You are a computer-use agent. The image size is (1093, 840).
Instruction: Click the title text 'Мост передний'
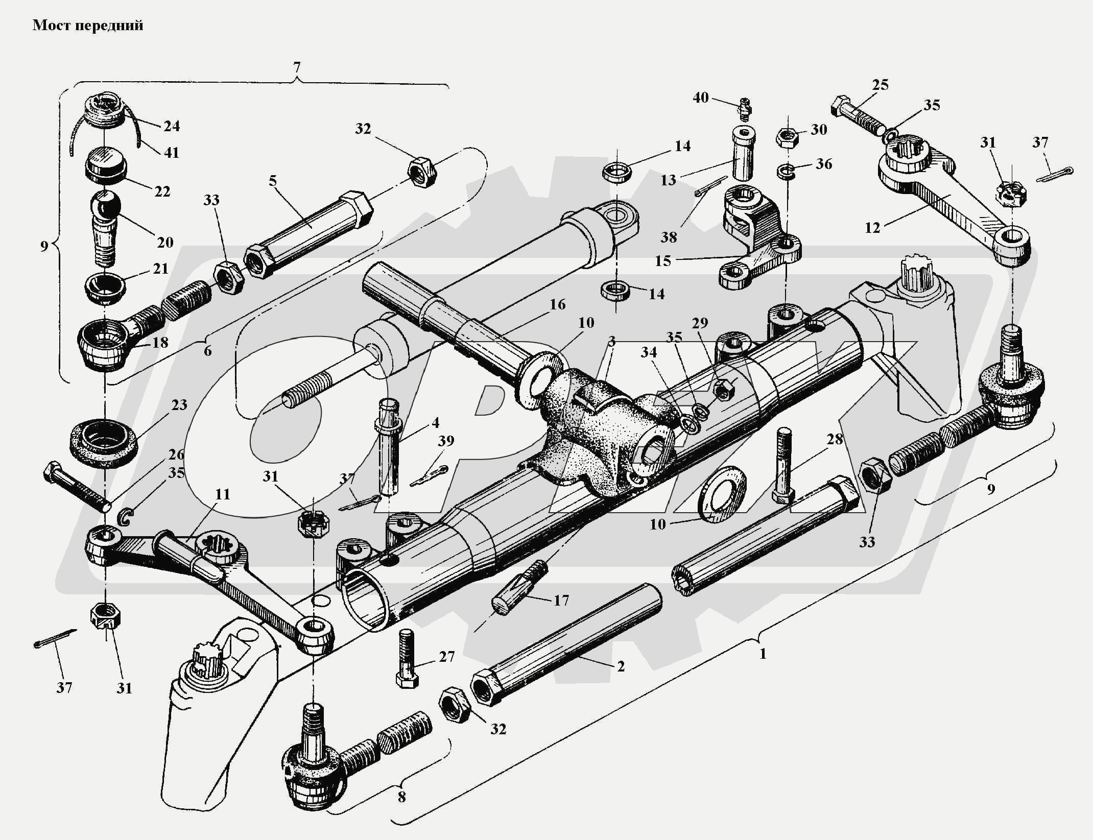pyautogui.click(x=88, y=26)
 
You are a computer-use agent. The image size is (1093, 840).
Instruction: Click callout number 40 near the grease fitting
pyautogui.click(x=701, y=97)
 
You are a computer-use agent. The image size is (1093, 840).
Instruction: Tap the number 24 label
pyautogui.click(x=172, y=126)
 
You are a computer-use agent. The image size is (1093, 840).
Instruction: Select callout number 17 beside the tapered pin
pyautogui.click(x=561, y=601)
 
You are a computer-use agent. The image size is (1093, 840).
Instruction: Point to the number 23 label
pyautogui.click(x=179, y=405)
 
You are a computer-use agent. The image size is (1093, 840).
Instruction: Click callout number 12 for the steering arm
pyautogui.click(x=872, y=228)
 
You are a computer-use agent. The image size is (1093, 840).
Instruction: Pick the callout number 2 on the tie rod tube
pyautogui.click(x=621, y=666)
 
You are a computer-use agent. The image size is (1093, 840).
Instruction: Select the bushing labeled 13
pyautogui.click(x=744, y=153)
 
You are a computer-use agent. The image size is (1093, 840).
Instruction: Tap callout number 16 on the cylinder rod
pyautogui.click(x=558, y=304)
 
